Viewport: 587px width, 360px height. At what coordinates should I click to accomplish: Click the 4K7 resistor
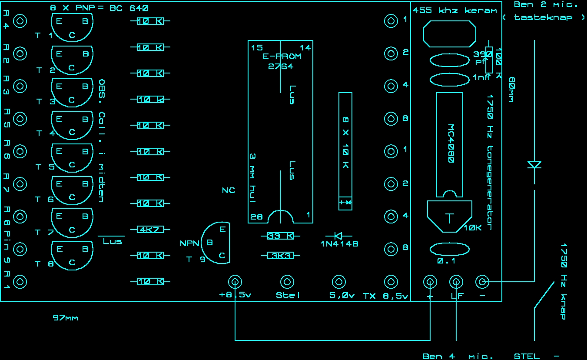coord(150,230)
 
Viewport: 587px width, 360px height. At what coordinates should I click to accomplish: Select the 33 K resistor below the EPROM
coord(280,236)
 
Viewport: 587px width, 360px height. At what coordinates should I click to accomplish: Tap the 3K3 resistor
coord(280,256)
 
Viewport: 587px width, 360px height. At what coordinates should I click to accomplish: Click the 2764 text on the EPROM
coord(281,67)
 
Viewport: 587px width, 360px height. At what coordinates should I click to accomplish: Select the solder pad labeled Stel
coord(287,282)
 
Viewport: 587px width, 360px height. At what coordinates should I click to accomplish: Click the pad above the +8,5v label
coord(235,282)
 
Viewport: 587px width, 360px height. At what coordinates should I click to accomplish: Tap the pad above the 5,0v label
coord(338,282)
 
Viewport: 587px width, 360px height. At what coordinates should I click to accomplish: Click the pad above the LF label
coord(456,282)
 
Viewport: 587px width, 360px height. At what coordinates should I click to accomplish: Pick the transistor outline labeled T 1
coord(72,27)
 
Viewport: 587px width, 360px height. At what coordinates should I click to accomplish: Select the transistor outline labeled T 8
coord(72,254)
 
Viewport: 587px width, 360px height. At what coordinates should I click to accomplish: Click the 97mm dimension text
coord(65,318)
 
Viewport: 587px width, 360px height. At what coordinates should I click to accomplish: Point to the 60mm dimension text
coord(511,90)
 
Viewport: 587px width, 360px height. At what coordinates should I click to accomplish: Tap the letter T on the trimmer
coord(449,218)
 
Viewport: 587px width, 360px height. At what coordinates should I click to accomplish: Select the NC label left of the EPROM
coord(228,190)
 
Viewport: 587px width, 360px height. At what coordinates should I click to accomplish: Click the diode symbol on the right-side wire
coord(534,164)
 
